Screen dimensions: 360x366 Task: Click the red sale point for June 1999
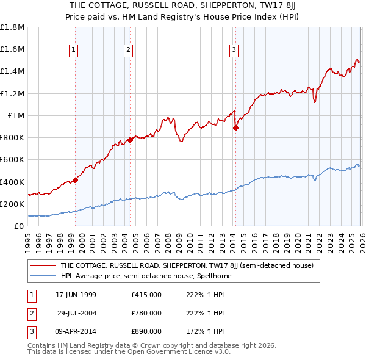tap(76, 179)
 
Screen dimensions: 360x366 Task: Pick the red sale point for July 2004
tap(131, 140)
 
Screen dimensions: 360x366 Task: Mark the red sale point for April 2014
tap(235, 128)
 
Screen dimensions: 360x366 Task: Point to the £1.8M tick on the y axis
tap(12, 27)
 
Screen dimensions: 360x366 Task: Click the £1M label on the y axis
tap(16, 115)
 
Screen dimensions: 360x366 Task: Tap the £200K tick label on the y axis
tap(12, 204)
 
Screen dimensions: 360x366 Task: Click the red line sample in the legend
tap(43, 265)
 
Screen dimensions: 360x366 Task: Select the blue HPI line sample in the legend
tap(43, 276)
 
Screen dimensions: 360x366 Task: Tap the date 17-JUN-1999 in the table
tap(76, 295)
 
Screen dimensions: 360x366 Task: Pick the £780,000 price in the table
tap(146, 313)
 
